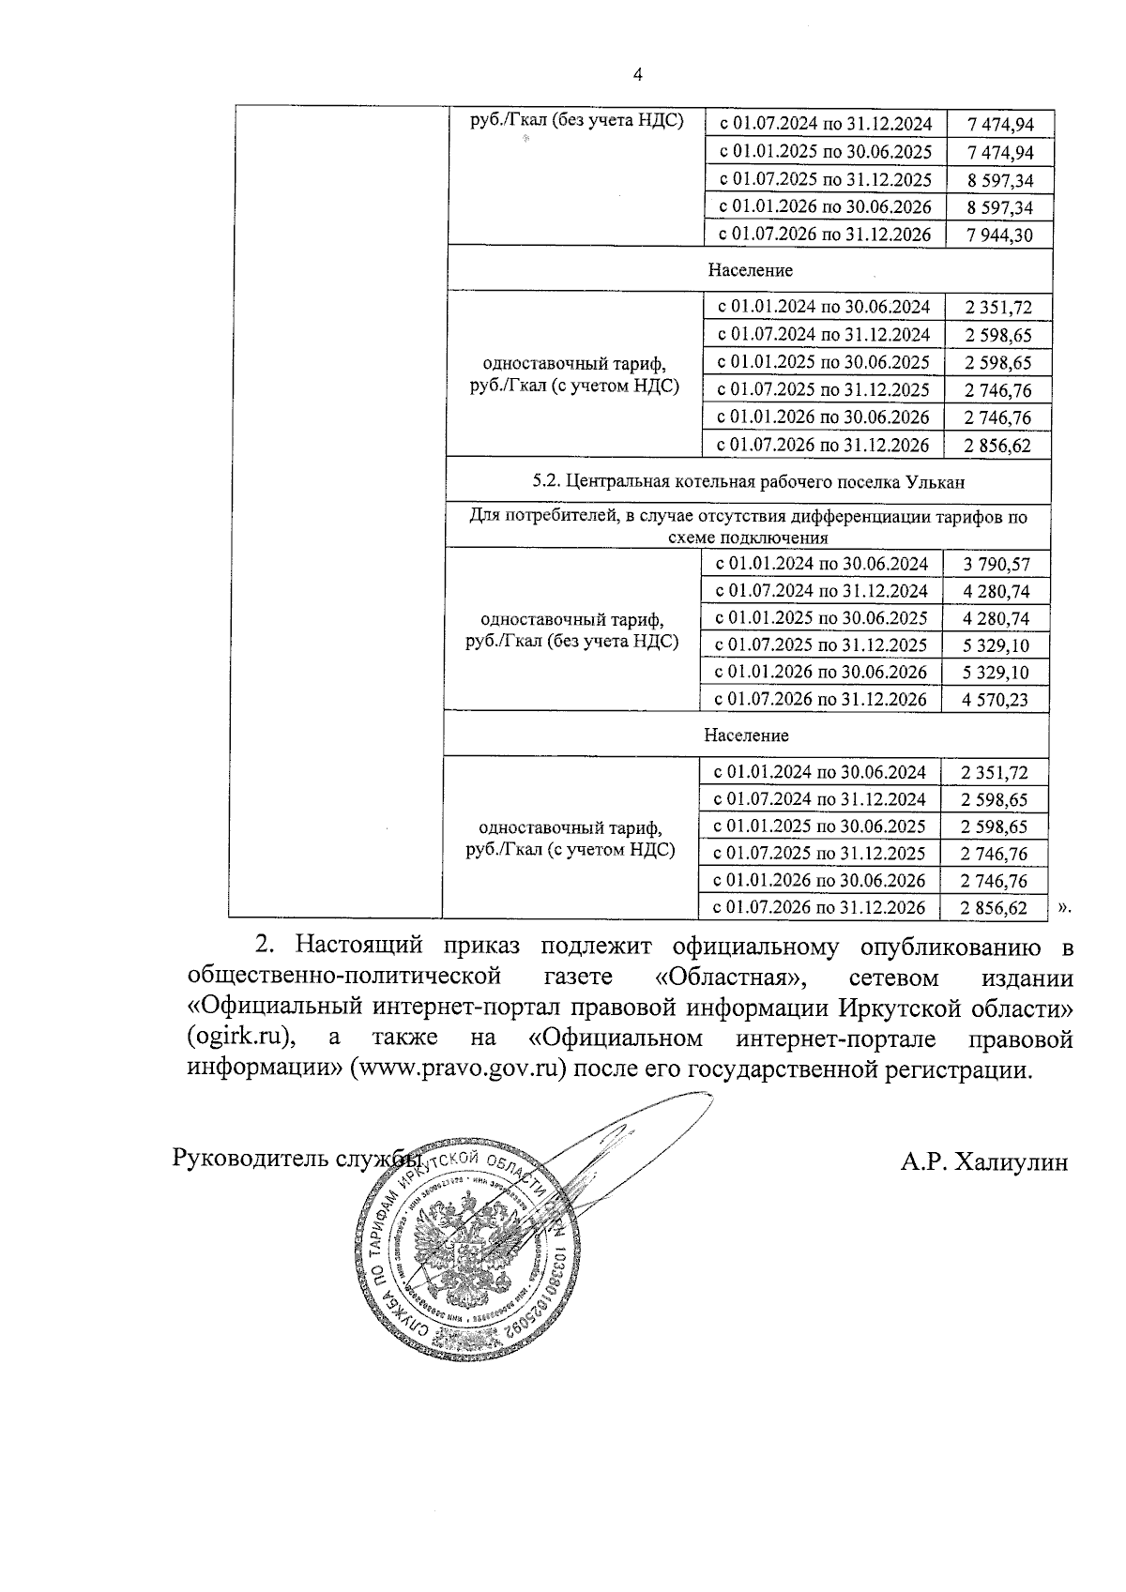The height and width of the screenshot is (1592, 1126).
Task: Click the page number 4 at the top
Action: click(x=638, y=75)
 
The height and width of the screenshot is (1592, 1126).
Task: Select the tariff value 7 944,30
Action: click(x=997, y=235)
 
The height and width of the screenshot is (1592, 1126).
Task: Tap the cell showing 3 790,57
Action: click(x=996, y=564)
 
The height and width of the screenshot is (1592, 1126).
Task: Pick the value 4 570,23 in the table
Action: click(x=995, y=699)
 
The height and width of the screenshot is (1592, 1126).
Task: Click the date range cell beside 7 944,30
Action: click(x=824, y=235)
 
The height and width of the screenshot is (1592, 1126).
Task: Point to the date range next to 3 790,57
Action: click(x=821, y=564)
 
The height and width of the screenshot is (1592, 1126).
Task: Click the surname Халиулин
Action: click(x=1011, y=1162)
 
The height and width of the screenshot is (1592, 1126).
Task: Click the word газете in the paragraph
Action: click(x=578, y=978)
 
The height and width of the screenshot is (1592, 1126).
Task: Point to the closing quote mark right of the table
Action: click(x=1064, y=907)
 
